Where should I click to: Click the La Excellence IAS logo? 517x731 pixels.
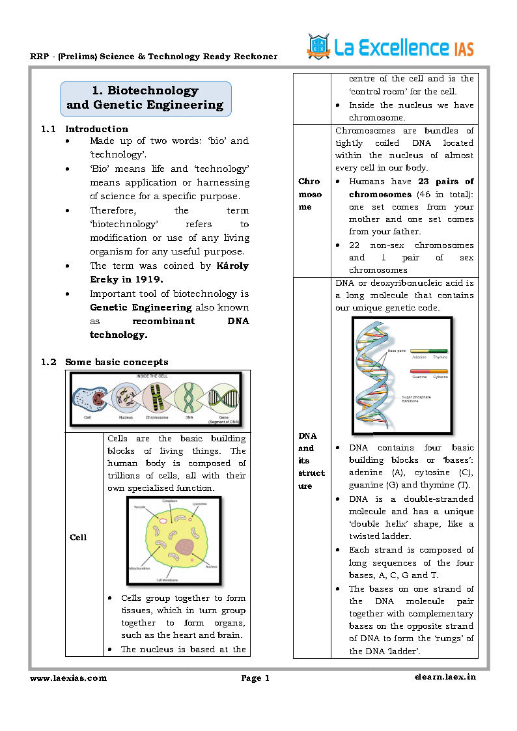[x=391, y=47]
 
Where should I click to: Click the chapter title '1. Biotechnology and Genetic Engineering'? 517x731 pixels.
[x=145, y=98]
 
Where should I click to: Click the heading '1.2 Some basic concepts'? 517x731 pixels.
[x=117, y=362]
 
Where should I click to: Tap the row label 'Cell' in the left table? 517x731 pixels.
[x=77, y=537]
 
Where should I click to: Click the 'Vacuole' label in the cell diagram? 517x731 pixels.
[x=139, y=507]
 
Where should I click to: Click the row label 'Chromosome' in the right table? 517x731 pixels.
[x=311, y=194]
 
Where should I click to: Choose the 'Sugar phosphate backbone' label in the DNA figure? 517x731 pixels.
[x=416, y=399]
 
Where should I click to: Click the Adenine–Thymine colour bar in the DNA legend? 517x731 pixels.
[x=429, y=351]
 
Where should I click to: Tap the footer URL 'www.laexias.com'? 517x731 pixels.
[x=68, y=678]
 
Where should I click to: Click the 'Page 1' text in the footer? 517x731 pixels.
[x=255, y=678]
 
